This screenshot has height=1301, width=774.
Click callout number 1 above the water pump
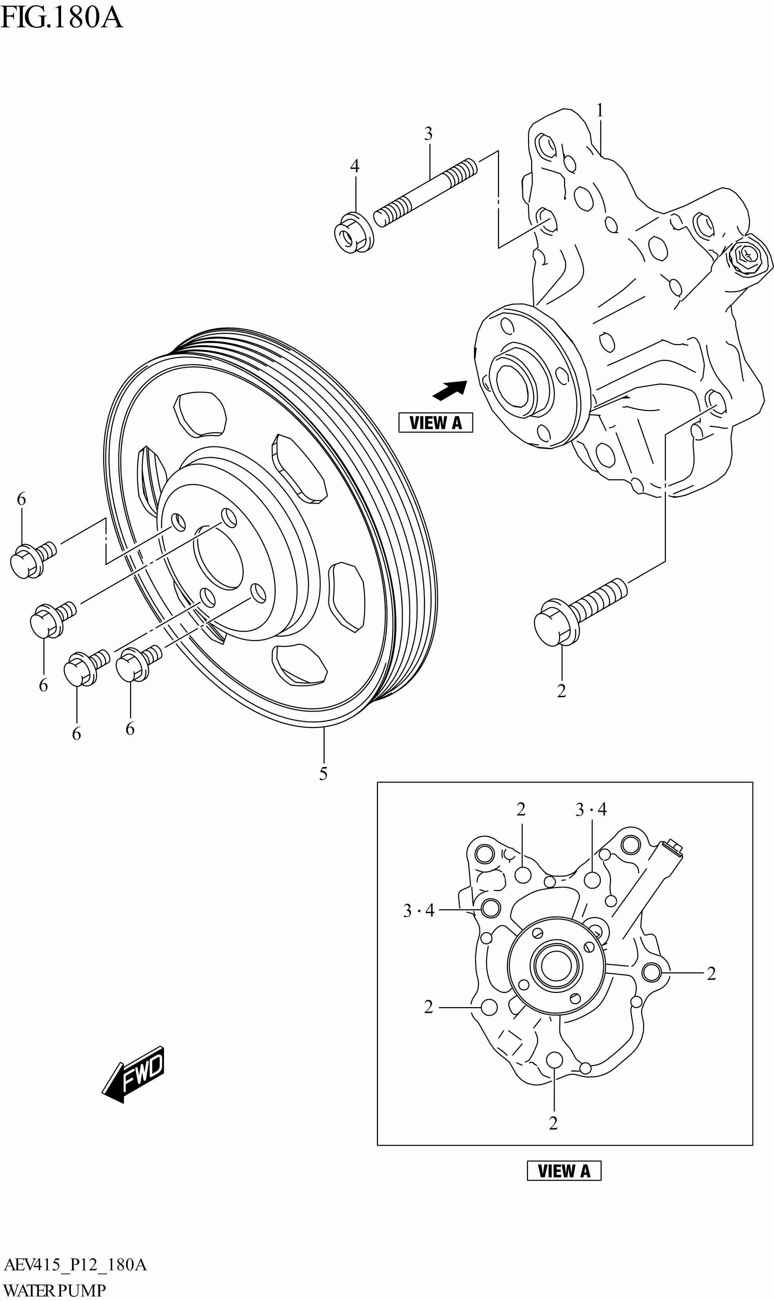(x=600, y=110)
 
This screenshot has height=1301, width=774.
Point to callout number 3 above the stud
(x=428, y=134)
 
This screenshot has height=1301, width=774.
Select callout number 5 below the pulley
(x=324, y=774)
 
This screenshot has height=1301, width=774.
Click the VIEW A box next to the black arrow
(x=436, y=422)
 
